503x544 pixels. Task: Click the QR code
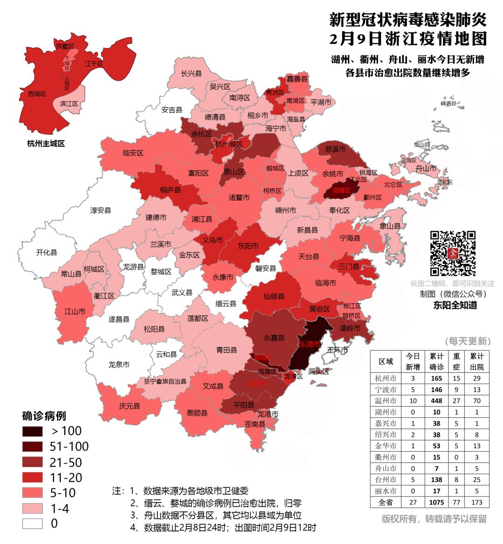(x=453, y=253)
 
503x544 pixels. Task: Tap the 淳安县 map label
(x=101, y=211)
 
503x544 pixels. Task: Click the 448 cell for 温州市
(x=436, y=401)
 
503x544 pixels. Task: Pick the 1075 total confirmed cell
(x=436, y=503)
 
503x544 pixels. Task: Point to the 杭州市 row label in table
(x=386, y=378)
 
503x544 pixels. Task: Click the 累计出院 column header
(x=476, y=361)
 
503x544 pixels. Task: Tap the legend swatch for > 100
(x=32, y=431)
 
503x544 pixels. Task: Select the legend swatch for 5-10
(x=32, y=493)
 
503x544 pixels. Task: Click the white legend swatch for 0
(x=32, y=524)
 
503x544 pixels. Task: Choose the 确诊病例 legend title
(x=44, y=416)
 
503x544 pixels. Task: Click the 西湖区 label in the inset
(x=37, y=94)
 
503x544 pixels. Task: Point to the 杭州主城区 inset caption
(x=46, y=143)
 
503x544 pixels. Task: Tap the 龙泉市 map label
(x=119, y=364)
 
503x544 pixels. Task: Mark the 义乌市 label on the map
(x=212, y=240)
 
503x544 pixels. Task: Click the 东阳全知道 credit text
(x=455, y=305)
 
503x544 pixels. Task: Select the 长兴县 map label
(x=191, y=74)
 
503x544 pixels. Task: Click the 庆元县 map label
(x=129, y=406)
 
